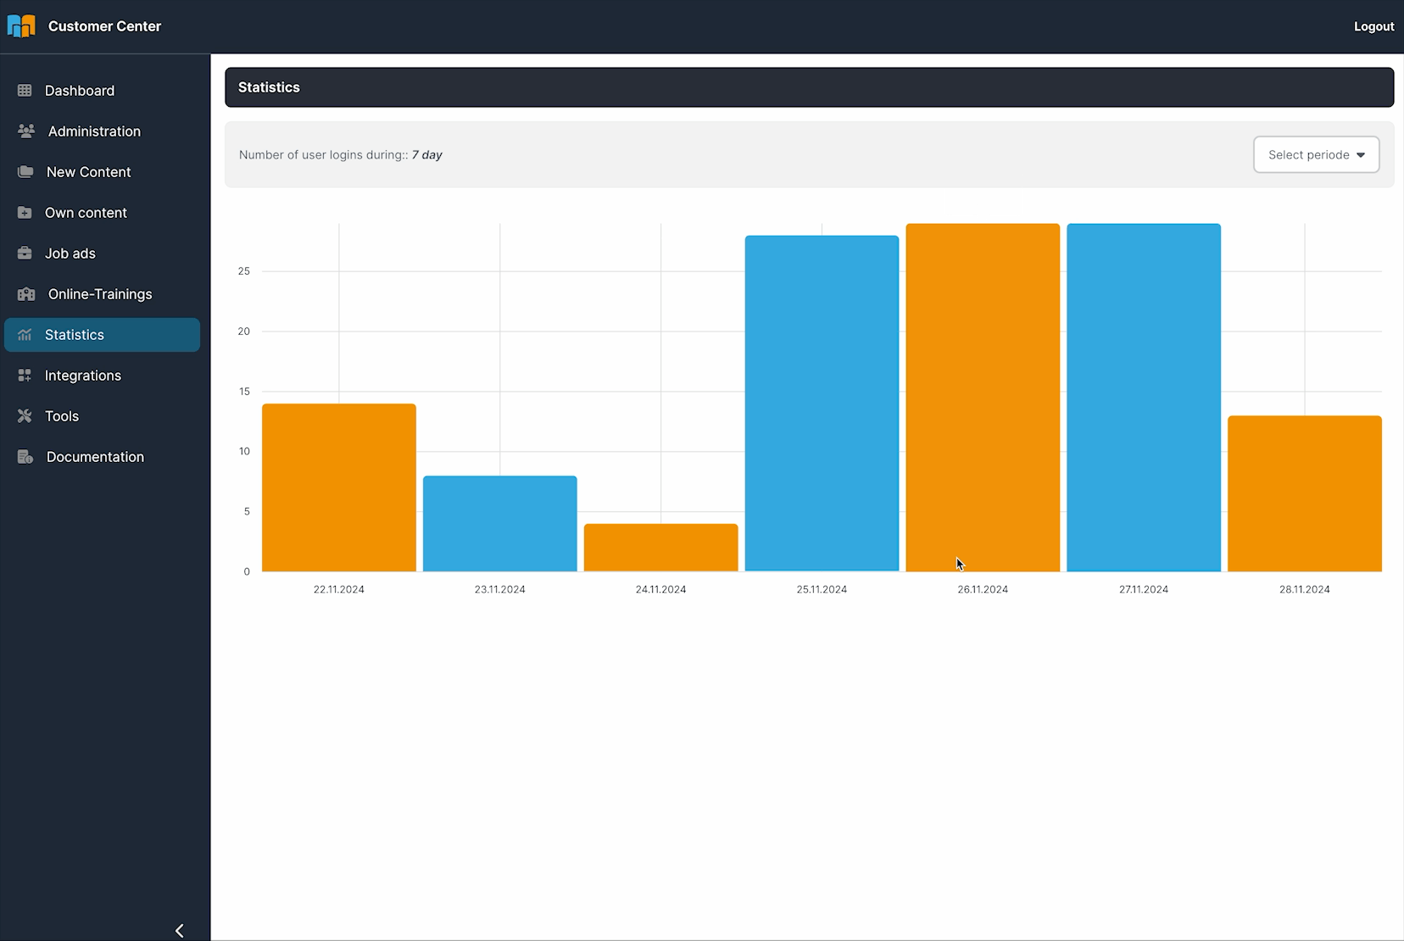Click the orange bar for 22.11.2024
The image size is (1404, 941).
tap(339, 487)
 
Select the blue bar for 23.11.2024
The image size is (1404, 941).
tap(500, 523)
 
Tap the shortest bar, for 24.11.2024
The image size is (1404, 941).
tap(661, 548)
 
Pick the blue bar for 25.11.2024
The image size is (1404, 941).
tap(822, 404)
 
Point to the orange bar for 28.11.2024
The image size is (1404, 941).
tap(1305, 493)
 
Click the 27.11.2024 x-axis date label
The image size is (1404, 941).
tap(1144, 589)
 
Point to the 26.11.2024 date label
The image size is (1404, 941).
tap(983, 589)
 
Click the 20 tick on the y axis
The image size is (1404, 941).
tap(244, 331)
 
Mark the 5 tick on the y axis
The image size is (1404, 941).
tap(247, 511)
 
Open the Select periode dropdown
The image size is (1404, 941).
tap(1316, 154)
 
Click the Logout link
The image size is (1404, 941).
tap(1373, 26)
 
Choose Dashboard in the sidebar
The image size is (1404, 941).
tap(80, 91)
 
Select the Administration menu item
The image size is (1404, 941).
tap(94, 131)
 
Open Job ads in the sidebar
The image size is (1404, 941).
tap(70, 253)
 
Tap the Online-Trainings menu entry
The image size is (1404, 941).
tap(100, 294)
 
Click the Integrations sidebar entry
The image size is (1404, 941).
tap(83, 376)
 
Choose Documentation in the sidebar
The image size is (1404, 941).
tap(95, 457)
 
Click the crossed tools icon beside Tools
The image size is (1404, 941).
tap(25, 416)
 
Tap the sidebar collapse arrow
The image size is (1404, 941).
tap(180, 931)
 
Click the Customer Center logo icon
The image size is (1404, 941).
tap(21, 26)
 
